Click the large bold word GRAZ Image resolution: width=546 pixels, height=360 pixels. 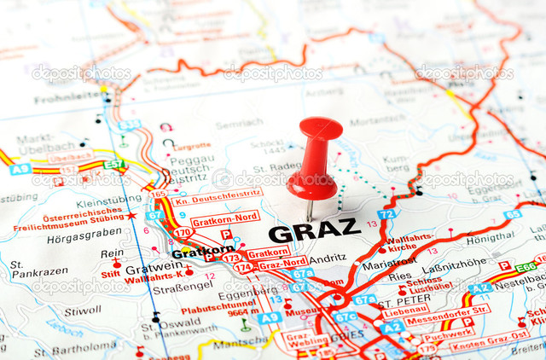click(x=314, y=230)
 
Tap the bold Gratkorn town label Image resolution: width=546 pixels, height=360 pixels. click(x=202, y=253)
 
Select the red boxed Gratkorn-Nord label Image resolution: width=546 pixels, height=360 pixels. click(x=224, y=218)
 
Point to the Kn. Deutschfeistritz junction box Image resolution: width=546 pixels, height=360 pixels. click(x=216, y=198)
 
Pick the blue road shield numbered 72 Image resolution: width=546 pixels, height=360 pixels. click(x=386, y=214)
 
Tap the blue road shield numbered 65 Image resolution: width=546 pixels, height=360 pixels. click(x=512, y=214)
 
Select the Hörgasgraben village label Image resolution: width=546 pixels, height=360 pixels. click(x=84, y=232)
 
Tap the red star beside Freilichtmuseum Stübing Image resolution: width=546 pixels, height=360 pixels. click(x=131, y=216)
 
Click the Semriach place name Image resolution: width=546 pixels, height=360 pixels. click(x=238, y=124)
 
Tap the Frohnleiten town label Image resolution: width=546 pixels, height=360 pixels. click(x=67, y=97)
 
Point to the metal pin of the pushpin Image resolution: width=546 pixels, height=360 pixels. click(x=310, y=209)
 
